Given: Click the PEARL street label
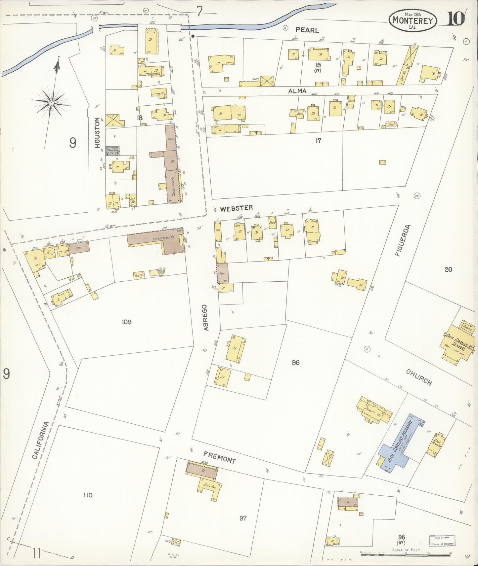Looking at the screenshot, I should click(307, 30).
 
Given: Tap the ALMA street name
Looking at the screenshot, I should click(297, 91).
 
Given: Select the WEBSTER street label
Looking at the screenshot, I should click(237, 208).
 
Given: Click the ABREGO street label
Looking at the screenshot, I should click(206, 318).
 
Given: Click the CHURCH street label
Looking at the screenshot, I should click(419, 377).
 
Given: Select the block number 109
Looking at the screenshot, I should click(126, 322).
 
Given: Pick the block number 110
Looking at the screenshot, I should click(88, 495).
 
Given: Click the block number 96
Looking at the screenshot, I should click(295, 363).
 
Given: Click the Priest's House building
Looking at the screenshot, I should click(374, 410).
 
